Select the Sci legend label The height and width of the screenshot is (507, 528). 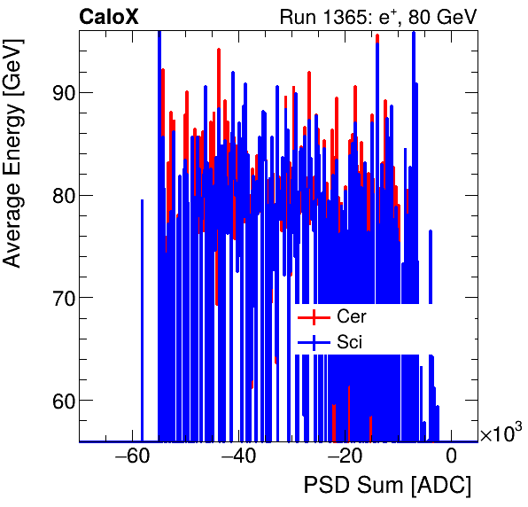pyautogui.click(x=349, y=341)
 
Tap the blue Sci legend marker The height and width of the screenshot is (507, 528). pyautogui.click(x=313, y=341)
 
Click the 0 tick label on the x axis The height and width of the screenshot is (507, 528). pyautogui.click(x=451, y=457)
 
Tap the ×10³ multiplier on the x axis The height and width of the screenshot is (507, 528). pyautogui.click(x=501, y=433)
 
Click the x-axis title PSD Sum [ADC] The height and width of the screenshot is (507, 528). pyautogui.click(x=387, y=486)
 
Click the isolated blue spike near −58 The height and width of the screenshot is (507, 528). pyautogui.click(x=142, y=319)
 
